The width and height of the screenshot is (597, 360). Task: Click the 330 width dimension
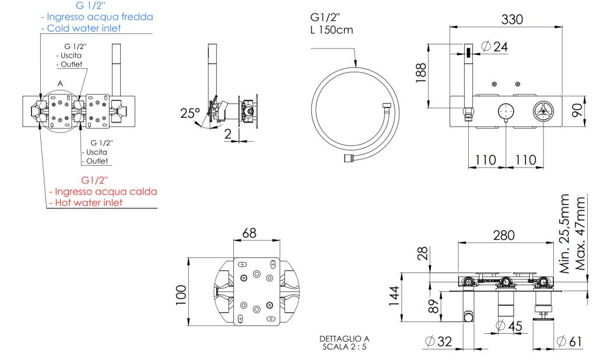pos(512,19)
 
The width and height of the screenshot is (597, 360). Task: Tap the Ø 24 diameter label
pos(496,47)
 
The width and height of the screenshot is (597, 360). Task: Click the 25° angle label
pos(189,113)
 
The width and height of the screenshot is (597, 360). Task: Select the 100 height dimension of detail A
pos(181,295)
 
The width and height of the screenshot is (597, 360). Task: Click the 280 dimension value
pos(504,235)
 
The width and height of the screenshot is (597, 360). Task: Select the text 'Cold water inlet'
pos(84,28)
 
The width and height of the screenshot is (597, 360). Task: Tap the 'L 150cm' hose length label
pos(331,30)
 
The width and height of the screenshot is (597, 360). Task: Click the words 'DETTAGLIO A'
pos(344,338)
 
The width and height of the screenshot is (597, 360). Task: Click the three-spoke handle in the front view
pos(543,111)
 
